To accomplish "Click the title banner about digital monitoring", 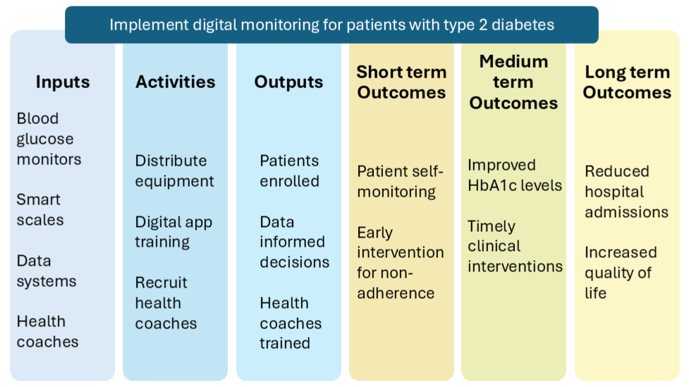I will coord(331,25).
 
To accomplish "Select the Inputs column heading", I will coord(63,82).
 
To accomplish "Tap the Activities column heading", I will coord(175,82).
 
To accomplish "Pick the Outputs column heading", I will coord(288,82).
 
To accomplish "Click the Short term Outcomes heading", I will coord(401,82).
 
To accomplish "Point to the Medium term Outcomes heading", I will coord(513,82).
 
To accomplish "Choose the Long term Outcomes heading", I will coord(627,82).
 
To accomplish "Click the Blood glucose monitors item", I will coord(49,139).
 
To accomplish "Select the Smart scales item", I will coord(39,209).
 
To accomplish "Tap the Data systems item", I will coord(47,271).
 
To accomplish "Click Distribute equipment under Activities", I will coord(174,171).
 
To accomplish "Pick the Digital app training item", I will coord(173,232).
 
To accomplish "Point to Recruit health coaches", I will coord(166,302).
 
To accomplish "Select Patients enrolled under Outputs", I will coord(289,171).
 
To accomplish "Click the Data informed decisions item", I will coord(294,242).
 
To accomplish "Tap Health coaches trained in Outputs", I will coord(291,323).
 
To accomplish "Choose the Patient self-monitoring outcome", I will coord(399,181).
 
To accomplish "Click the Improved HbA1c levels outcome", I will coord(515,175).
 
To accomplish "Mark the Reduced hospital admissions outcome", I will coord(626,191).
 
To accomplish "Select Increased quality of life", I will coord(620,272).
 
